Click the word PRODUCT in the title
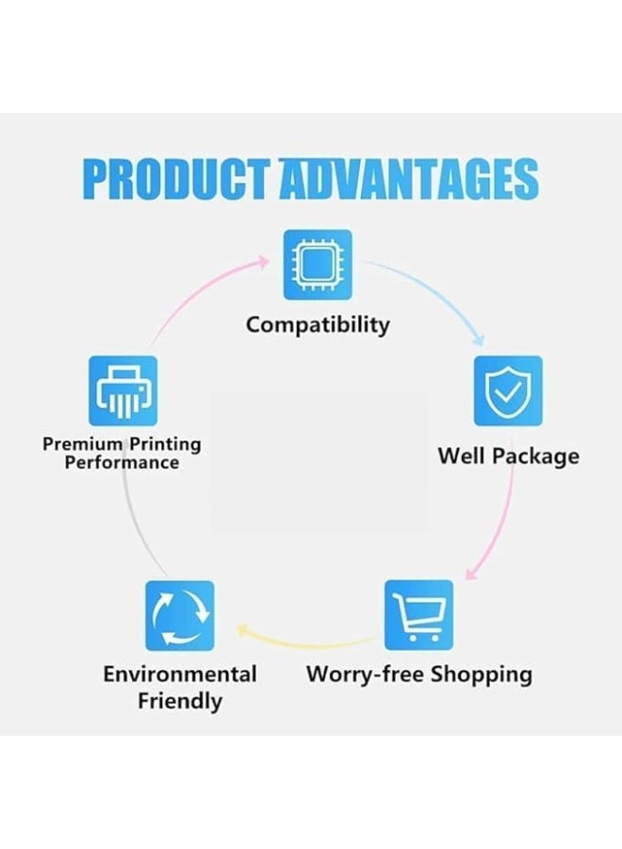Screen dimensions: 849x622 point(176,179)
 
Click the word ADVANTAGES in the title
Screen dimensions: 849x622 point(409,179)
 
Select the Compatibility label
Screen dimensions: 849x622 point(318,325)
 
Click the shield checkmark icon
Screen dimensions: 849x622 point(507,391)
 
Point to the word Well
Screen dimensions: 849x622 point(461,456)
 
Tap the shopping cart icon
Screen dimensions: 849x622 point(418,614)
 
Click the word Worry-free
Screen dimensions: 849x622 point(365,674)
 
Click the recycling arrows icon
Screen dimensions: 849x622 point(179,614)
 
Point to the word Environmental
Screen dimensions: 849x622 point(179,674)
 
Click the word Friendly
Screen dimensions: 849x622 point(179,701)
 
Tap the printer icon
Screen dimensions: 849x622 point(123,391)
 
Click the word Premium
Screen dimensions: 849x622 point(83,443)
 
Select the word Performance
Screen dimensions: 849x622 point(122,462)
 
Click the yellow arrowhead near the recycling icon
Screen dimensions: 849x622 point(243,629)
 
